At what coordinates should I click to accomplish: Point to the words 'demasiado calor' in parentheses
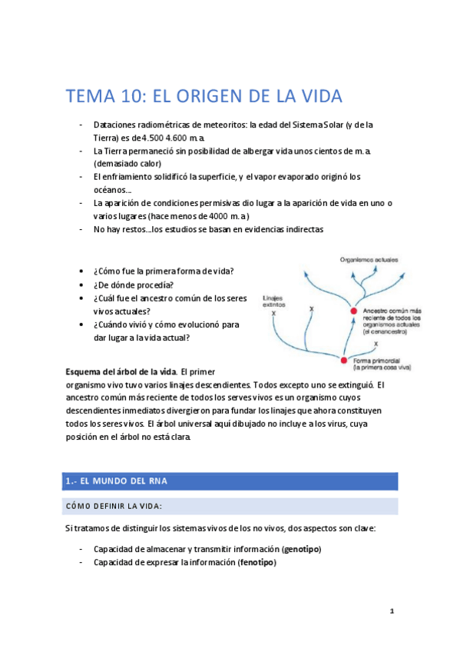[x=130, y=164]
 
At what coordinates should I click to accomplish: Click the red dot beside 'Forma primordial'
[x=344, y=360]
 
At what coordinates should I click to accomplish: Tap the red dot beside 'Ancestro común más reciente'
[x=354, y=311]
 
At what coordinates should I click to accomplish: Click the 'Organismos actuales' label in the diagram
[x=368, y=261]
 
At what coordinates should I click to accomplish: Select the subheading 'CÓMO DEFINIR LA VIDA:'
[x=114, y=505]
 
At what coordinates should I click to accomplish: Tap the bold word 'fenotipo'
[x=256, y=562]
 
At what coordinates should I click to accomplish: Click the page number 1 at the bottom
[x=392, y=612]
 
